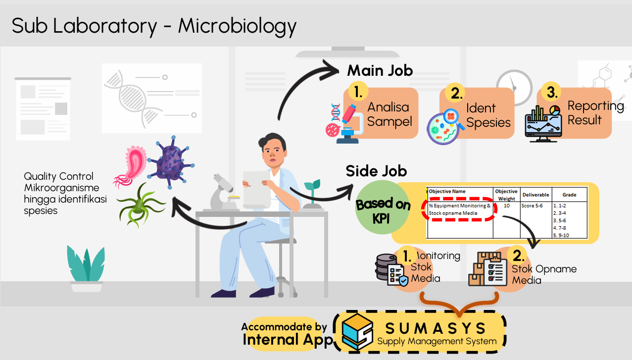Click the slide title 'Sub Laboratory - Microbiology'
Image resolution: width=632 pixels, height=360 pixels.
point(154,26)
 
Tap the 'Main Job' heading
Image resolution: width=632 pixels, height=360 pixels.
point(380,71)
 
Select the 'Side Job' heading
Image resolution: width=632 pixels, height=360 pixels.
point(376,171)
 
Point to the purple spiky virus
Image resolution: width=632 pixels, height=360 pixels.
point(171,161)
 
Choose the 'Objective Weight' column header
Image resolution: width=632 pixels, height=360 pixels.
point(506,195)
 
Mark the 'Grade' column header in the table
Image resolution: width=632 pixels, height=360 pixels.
point(569,195)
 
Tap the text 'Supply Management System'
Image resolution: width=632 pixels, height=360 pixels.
point(437,341)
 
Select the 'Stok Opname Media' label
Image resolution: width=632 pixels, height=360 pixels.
point(543,274)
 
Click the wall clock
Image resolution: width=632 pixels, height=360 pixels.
point(514,88)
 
